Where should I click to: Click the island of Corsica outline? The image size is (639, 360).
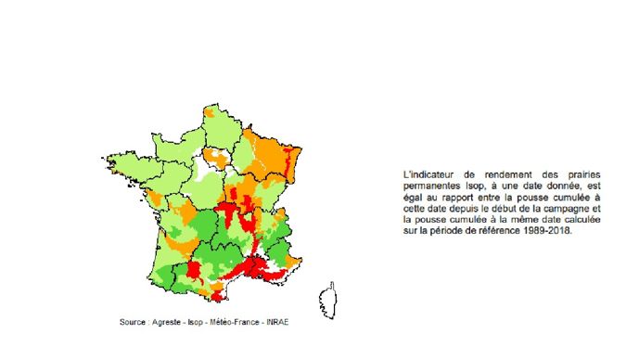point(327,300)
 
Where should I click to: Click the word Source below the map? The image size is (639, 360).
point(134,322)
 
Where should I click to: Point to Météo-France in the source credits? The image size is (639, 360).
point(239,322)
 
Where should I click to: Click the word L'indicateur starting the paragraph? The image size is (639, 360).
point(428,174)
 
